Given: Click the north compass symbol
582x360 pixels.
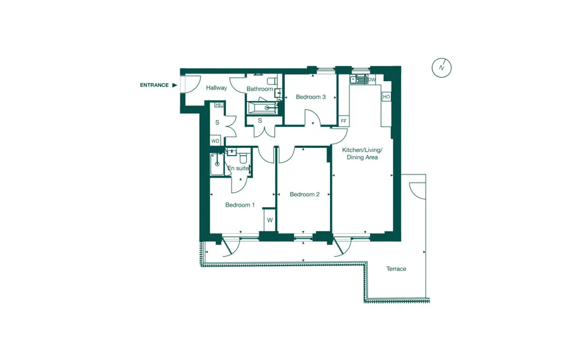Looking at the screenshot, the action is click(442, 67).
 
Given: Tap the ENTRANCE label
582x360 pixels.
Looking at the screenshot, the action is click(154, 85).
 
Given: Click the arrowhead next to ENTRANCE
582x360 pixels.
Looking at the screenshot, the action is click(175, 85).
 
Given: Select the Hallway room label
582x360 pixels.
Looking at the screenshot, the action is click(216, 88).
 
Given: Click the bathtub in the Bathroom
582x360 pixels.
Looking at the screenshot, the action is click(262, 108).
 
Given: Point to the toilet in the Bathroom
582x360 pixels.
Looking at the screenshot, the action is click(272, 81).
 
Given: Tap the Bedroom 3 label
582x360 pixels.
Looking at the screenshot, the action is click(310, 97).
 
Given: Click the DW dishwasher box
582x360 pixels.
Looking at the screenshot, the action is click(372, 80).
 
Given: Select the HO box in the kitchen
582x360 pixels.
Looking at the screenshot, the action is click(387, 97).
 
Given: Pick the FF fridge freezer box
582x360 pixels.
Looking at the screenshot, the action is click(344, 121).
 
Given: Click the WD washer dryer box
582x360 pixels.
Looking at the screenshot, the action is click(215, 141).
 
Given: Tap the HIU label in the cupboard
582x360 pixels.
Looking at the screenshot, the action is click(220, 105).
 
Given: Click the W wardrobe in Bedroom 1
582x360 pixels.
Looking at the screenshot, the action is click(270, 220).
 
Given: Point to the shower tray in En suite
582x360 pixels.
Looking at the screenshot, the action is click(217, 164).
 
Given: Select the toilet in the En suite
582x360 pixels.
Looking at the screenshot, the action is click(243, 157).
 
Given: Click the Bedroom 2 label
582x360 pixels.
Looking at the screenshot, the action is click(305, 195).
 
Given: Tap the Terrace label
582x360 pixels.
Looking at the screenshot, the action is click(396, 269).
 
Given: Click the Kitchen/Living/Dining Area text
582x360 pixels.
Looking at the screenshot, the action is click(362, 154).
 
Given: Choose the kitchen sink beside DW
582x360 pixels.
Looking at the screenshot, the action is click(358, 79).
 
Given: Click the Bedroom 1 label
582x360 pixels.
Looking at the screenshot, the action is click(240, 205).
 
